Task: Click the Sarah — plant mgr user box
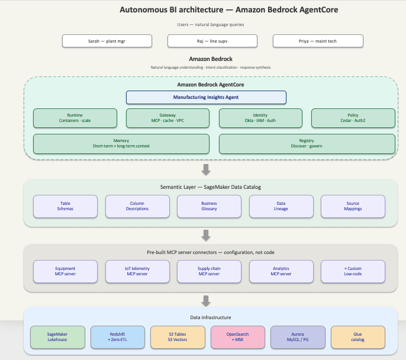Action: [107, 41]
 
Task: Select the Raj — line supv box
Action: [212, 41]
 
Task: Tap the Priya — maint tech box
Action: [318, 41]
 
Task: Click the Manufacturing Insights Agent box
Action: [206, 97]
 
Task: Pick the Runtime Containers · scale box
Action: [75, 118]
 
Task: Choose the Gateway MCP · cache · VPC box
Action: [168, 118]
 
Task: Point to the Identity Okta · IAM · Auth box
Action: [260, 118]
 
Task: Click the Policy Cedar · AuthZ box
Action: [353, 118]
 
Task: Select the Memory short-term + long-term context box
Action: [121, 144]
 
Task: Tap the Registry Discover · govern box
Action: [307, 144]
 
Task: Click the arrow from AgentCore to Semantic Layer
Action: [206, 170]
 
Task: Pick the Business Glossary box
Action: [210, 207]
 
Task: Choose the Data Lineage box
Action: [281, 207]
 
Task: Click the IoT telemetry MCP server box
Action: [137, 271]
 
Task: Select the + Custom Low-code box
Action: [353, 271]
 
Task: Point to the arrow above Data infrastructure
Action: [206, 301]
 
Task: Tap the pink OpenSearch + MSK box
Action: [238, 337]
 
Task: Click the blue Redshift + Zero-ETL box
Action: [118, 337]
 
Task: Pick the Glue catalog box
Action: [358, 337]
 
